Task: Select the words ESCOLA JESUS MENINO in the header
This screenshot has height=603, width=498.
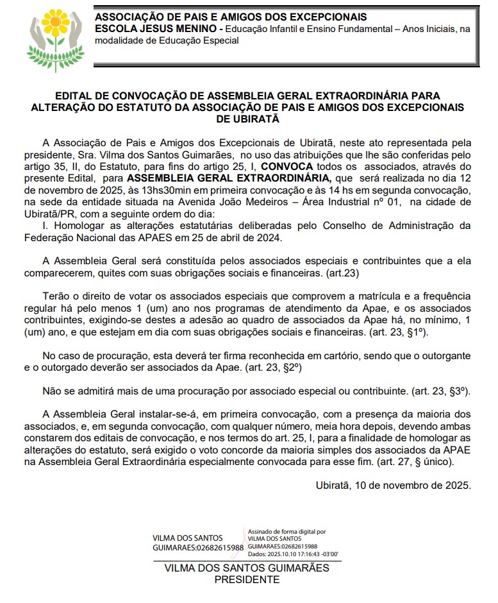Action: coord(154,29)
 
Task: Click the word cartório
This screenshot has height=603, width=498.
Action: coord(315,355)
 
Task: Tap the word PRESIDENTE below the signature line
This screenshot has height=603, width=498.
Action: coord(247,579)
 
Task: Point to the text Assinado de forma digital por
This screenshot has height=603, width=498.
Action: coord(286,532)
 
